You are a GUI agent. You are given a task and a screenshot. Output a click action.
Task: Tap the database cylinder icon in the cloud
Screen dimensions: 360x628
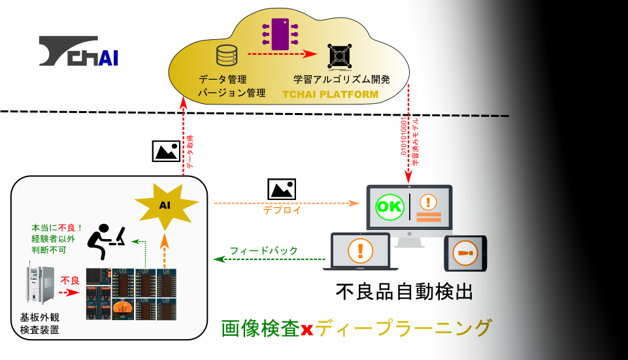tap(226, 56)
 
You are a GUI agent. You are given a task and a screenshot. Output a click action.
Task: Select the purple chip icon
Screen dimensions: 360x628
tap(279, 33)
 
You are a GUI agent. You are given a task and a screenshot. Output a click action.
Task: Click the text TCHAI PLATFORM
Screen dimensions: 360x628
tap(330, 95)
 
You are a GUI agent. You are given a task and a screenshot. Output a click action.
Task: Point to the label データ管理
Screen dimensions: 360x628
tap(222, 79)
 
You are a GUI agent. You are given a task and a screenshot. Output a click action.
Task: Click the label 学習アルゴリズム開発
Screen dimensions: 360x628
tap(342, 79)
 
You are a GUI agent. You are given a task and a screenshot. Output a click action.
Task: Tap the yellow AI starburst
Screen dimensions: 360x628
tap(165, 205)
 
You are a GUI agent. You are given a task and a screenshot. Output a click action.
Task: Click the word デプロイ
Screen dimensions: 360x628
tap(281, 210)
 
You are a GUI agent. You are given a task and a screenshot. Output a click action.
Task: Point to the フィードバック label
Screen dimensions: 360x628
tap(263, 250)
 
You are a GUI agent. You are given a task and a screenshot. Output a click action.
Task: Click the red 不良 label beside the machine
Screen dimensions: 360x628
tap(70, 280)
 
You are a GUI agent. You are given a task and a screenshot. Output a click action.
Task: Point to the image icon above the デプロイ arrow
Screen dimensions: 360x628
tap(282, 189)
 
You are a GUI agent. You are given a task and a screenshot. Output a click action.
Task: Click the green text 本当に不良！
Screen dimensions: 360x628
tap(58, 228)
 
